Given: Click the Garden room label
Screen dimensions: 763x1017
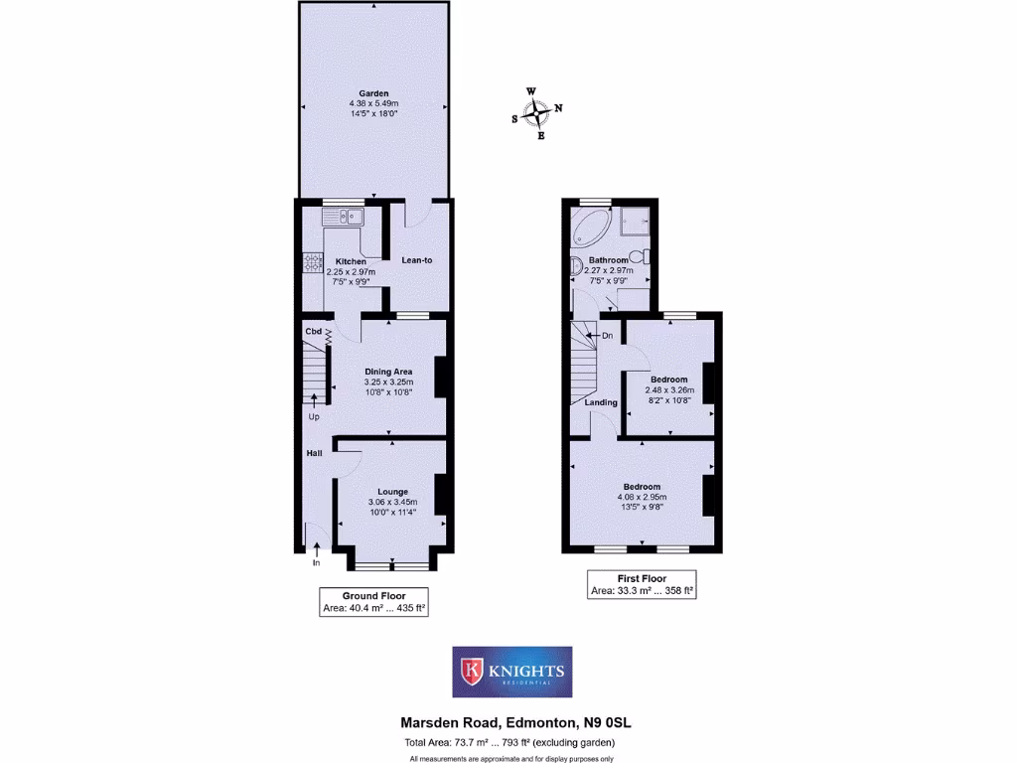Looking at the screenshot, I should tap(373, 93).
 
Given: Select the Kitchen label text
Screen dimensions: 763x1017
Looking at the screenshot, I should tap(351, 261).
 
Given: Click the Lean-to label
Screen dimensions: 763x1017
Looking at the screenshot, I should tap(416, 260).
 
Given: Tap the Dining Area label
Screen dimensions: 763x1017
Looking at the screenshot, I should tap(388, 372).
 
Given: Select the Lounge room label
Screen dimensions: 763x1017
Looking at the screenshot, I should tap(392, 491).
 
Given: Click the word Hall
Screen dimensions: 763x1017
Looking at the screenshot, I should tap(314, 453).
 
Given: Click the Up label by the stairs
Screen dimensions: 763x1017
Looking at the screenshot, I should tap(314, 416).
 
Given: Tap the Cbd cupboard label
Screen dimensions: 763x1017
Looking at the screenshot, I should tap(313, 331).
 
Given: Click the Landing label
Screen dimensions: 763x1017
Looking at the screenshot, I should tap(601, 402).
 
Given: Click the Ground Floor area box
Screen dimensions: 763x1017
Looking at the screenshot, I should tap(373, 602).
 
